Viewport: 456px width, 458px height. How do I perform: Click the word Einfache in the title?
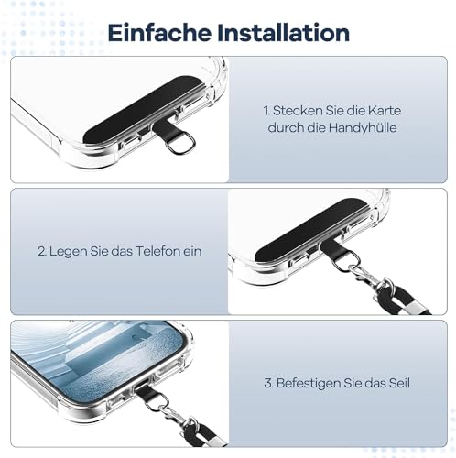[x=159, y=33]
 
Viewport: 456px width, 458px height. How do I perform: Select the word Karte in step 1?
[x=385, y=111]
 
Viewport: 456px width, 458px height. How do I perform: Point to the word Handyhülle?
[x=363, y=127]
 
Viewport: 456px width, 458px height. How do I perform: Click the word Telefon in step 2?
[x=157, y=251]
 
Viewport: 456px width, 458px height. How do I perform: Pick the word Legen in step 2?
[x=68, y=252]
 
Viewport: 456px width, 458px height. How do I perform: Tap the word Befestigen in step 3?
[x=309, y=384]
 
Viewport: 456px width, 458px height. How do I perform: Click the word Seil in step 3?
[x=399, y=383]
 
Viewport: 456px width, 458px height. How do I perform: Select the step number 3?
[x=268, y=383]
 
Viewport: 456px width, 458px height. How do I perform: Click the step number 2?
[x=42, y=251]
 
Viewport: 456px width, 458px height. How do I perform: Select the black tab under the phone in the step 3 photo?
[x=147, y=392]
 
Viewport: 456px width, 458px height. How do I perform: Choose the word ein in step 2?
[x=192, y=251]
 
